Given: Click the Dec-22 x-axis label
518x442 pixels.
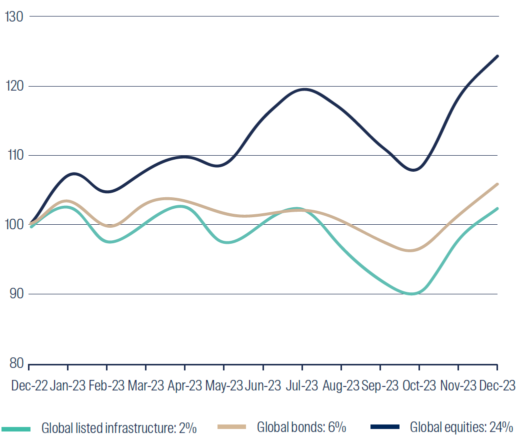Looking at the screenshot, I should click(29, 385).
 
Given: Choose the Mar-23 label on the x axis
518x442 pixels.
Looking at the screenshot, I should click(145, 385).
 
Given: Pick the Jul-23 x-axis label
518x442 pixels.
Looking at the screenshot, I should click(302, 385).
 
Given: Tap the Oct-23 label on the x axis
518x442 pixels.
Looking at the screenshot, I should click(419, 385).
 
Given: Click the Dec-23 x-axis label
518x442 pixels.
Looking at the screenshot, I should click(497, 385).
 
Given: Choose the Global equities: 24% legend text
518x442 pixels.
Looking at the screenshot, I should click(461, 428).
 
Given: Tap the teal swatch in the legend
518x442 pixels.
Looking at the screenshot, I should click(16, 428).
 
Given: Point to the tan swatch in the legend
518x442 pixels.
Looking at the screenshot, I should click(232, 427).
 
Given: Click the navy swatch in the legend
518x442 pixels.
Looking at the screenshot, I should click(385, 427).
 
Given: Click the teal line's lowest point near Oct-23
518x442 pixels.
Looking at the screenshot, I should click(411, 294).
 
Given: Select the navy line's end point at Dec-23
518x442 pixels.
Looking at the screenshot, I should click(497, 56).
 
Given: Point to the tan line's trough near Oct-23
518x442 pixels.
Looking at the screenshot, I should click(410, 250).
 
